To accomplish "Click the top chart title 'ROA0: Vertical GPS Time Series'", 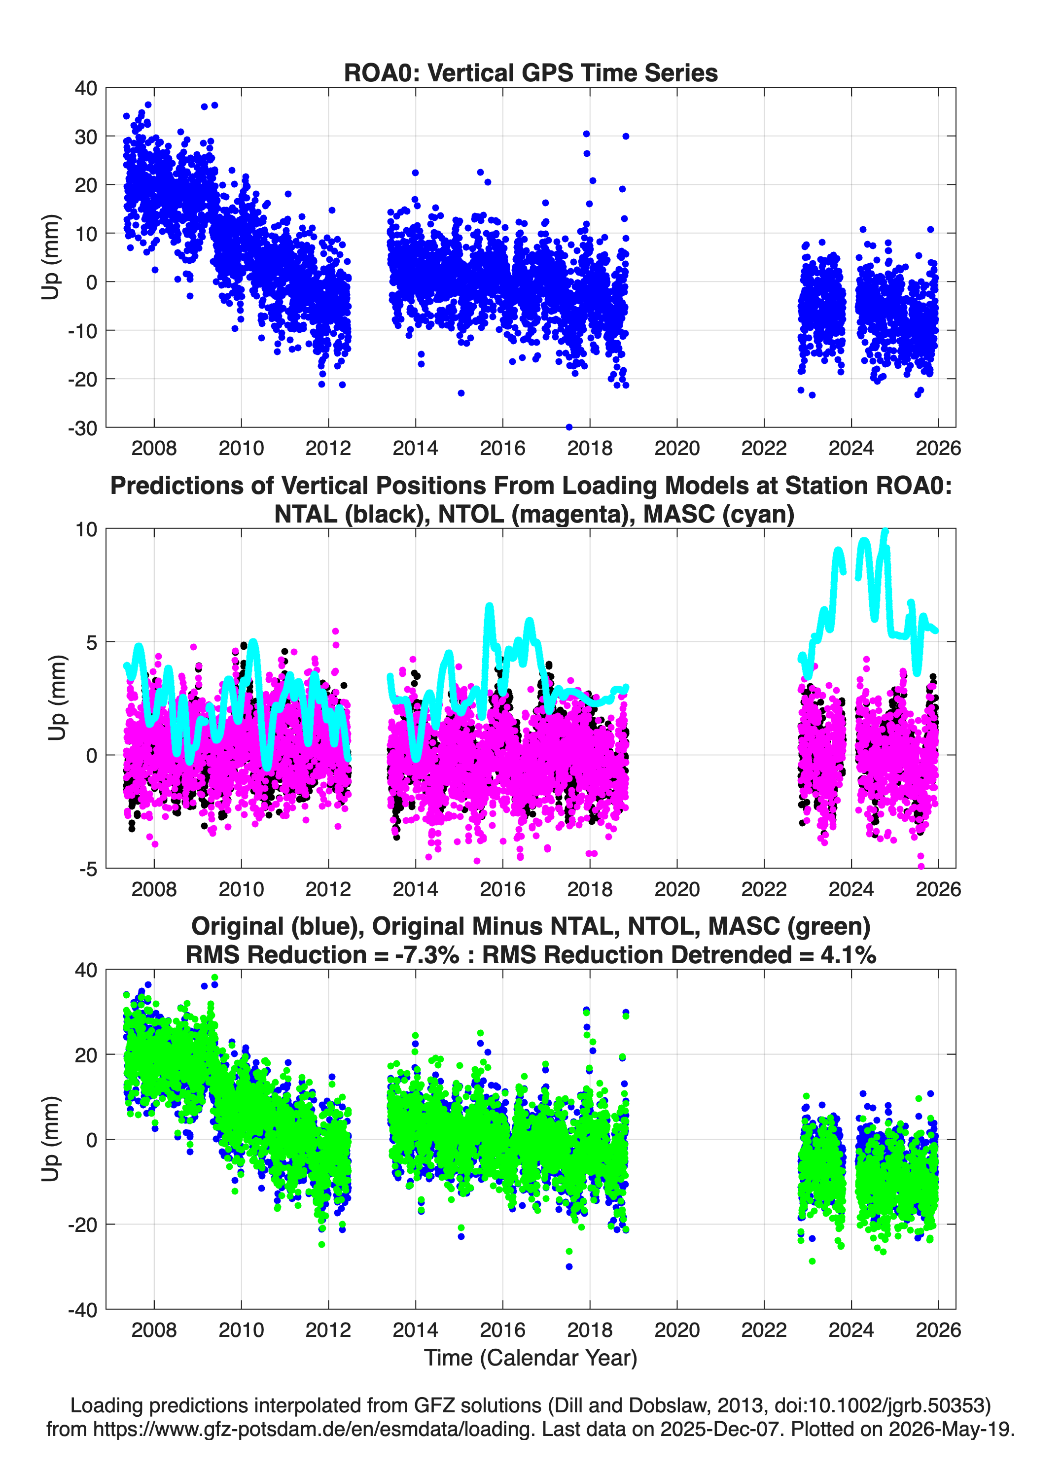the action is [531, 72].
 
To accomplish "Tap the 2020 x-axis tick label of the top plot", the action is [677, 448].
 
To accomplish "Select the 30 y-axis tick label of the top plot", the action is [86, 137].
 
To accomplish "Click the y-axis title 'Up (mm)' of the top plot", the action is [50, 257].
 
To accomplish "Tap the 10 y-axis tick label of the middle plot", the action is [86, 529].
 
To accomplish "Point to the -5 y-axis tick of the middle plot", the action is [88, 869].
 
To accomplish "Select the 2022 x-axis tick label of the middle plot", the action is [764, 889].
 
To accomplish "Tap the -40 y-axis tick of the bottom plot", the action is [82, 1310].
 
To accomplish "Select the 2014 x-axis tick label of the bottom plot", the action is [415, 1330].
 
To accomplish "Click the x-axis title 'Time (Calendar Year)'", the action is [531, 1358].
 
